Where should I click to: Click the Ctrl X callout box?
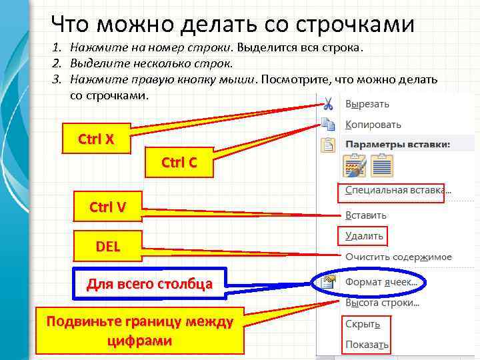tap(96, 140)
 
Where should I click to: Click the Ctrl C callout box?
tap(179, 162)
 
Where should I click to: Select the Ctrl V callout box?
tap(107, 207)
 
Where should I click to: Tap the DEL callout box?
tap(107, 246)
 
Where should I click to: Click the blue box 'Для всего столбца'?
tap(150, 285)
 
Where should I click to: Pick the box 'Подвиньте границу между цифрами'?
tap(140, 331)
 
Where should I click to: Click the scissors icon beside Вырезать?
tap(327, 104)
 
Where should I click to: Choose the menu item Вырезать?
tap(367, 104)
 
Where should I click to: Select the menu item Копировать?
tap(373, 125)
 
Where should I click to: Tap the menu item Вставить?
tap(365, 215)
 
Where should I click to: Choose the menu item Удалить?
tap(364, 236)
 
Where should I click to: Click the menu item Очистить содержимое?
tap(398, 257)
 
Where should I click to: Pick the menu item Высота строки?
tap(382, 303)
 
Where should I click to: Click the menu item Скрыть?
tap(363, 324)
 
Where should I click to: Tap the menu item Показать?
tap(367, 345)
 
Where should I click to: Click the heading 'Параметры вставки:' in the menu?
tap(397, 144)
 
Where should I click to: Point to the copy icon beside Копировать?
tap(327, 124)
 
